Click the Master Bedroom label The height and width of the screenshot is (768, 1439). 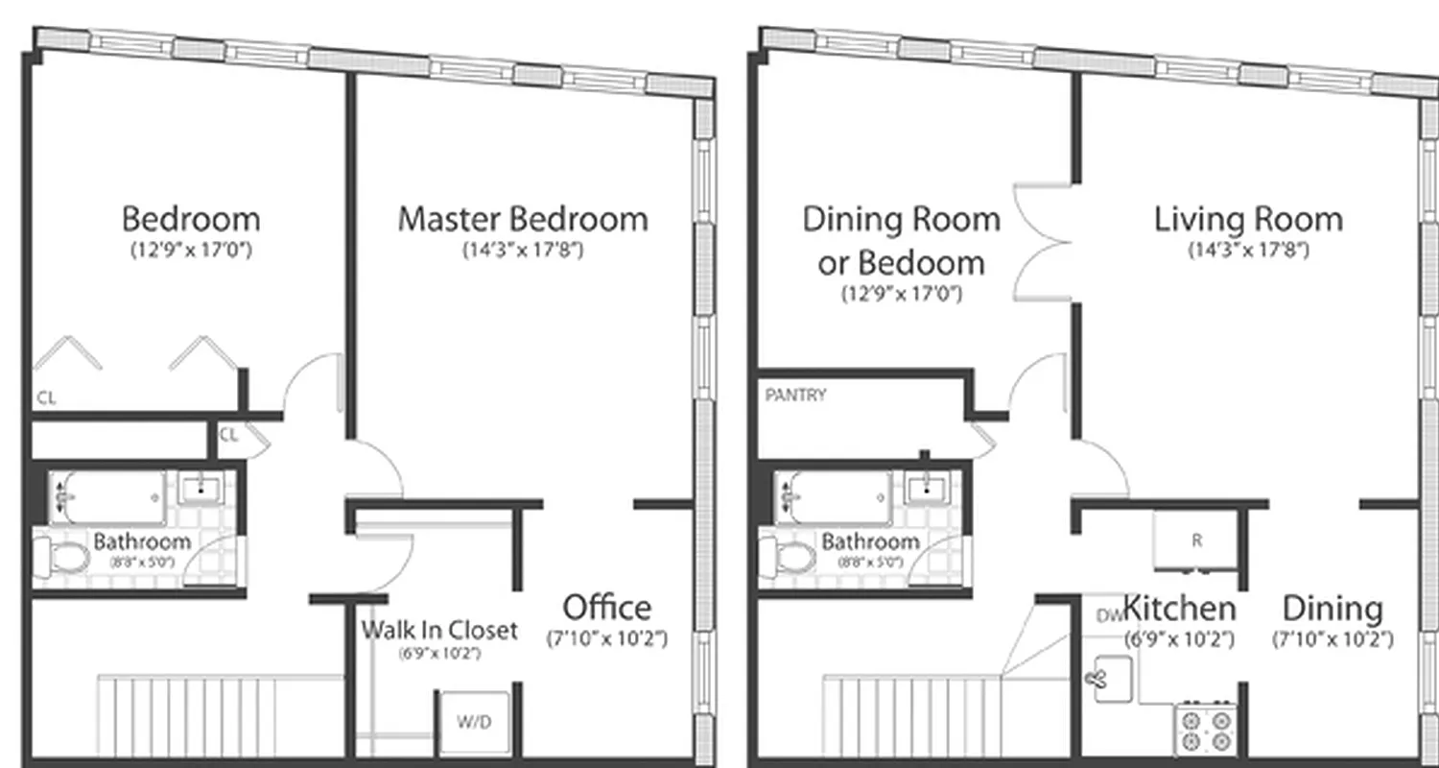[x=523, y=219]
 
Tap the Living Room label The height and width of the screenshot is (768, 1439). [x=1248, y=219]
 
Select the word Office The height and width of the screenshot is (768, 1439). [x=606, y=608]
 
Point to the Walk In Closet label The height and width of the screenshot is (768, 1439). [x=439, y=631]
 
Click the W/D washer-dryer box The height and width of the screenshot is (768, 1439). [x=474, y=722]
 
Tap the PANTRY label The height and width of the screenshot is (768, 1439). [x=796, y=395]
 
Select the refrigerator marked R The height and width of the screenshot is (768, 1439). [x=1195, y=540]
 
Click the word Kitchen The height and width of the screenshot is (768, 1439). [x=1179, y=609]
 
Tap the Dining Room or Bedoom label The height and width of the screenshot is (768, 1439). [x=901, y=240]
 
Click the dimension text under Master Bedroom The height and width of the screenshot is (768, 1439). [x=523, y=252]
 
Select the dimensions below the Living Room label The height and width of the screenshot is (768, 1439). [x=1248, y=252]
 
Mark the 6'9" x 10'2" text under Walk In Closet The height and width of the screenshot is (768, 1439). [x=439, y=654]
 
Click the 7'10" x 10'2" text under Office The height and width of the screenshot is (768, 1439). [x=606, y=638]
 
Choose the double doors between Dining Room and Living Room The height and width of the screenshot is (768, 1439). [x=1044, y=242]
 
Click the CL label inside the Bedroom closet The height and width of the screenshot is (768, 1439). [x=46, y=396]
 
